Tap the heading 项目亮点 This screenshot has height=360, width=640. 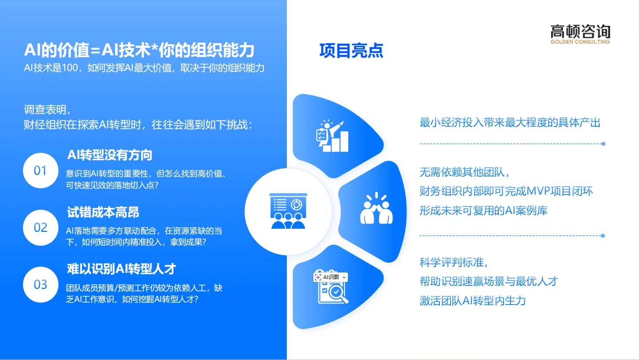pos(351,51)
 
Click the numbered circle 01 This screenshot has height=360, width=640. pos(40,170)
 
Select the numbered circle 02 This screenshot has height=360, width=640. pos(40,227)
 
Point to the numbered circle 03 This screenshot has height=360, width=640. pos(40,285)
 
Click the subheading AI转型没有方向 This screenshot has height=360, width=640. pos(110,155)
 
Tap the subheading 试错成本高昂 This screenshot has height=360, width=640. pos(103,212)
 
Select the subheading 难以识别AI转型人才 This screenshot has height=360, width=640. pos(121,269)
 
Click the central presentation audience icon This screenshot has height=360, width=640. pos(288,211)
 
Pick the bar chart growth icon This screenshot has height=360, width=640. pos(333,136)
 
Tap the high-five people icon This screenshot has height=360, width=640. pos(376,209)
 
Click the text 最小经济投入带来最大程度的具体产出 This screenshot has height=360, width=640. pos(510,123)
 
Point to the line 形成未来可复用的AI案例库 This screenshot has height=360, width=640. pos(483,211)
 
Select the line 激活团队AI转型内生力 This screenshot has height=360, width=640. pos(472,301)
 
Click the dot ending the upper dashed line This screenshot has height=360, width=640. pos(603,144)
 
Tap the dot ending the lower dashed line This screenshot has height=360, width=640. pos(603,236)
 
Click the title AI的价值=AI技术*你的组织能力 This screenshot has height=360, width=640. pos(139,51)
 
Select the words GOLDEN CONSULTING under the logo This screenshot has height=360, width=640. pos(580,42)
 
